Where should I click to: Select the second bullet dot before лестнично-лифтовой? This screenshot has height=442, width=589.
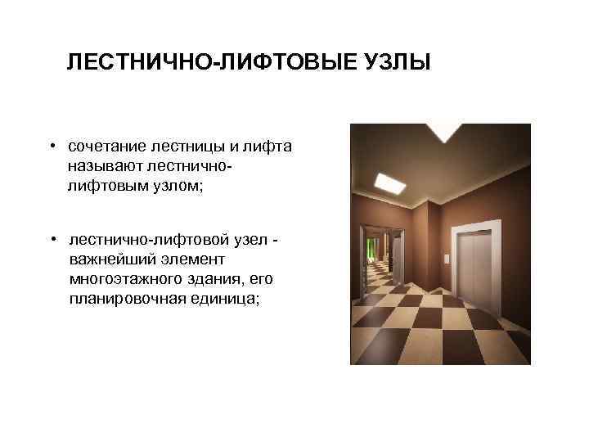51,240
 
